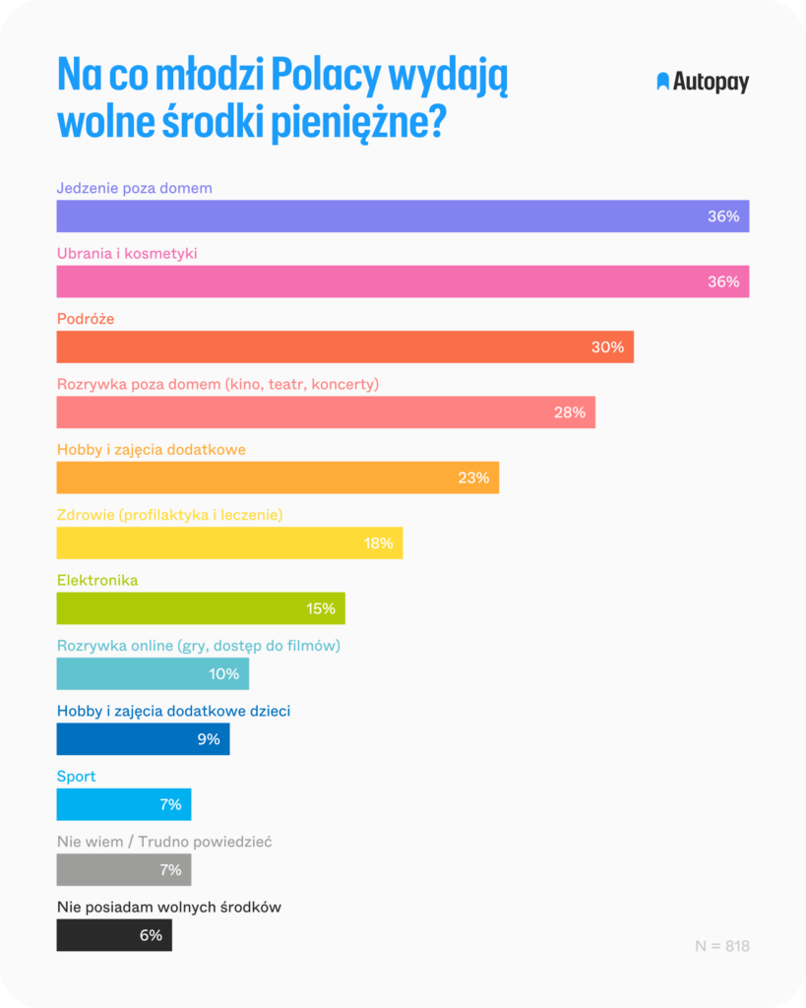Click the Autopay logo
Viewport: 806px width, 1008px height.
pos(703,83)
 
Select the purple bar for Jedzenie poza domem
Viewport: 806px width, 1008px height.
pos(394,216)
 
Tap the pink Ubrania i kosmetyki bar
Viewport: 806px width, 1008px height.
pos(394,282)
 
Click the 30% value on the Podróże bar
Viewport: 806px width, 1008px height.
pos(607,347)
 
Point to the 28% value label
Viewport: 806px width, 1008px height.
pos(569,412)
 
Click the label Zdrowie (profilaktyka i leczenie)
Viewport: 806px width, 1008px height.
pos(170,515)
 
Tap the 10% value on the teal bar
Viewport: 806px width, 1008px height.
pos(223,674)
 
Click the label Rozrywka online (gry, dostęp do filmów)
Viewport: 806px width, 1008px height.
pos(199,646)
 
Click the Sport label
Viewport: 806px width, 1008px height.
pos(77,777)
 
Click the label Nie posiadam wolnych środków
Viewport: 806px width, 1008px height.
pos(169,908)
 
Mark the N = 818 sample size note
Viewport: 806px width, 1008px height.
pos(722,946)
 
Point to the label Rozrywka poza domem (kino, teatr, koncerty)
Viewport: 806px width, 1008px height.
pos(217,384)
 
